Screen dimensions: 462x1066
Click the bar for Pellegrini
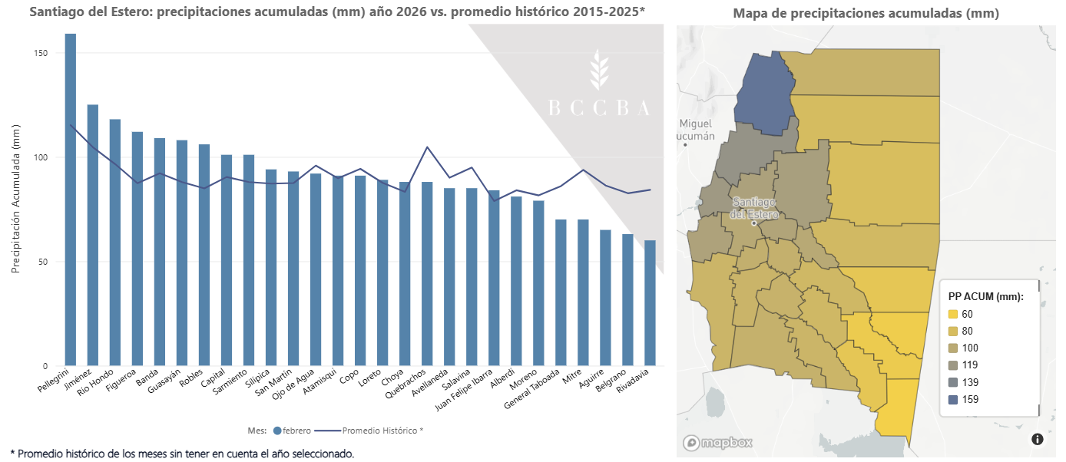coord(71,200)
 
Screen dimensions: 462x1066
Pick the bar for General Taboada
coord(561,292)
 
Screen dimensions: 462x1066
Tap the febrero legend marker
coord(277,431)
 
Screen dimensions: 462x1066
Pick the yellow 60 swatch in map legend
coord(953,315)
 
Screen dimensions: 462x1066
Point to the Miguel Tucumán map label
coord(696,130)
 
